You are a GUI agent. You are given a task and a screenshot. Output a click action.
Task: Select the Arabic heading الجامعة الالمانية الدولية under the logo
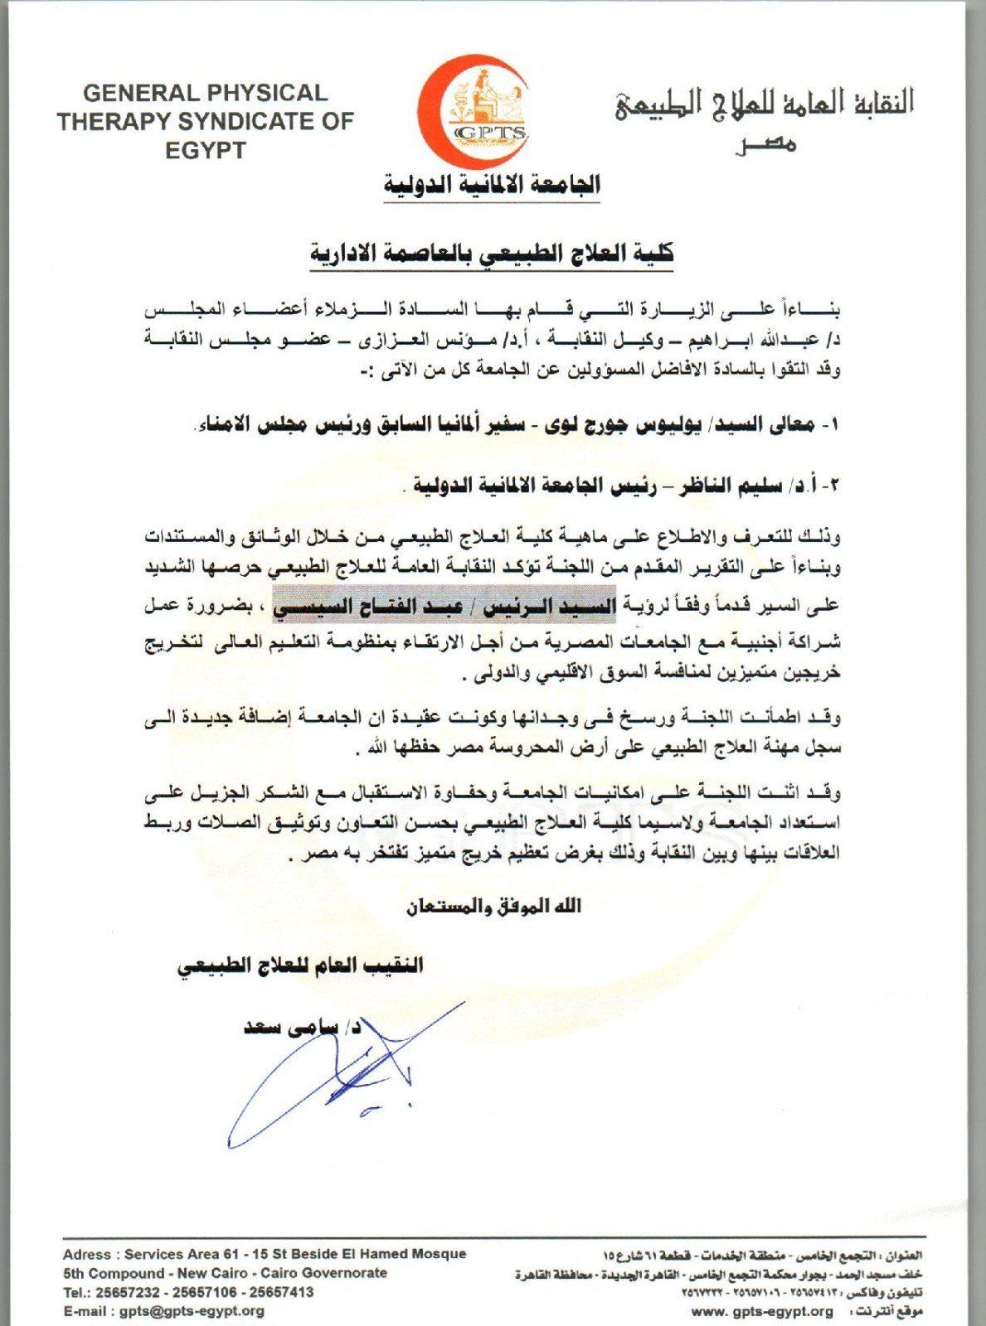[x=492, y=184]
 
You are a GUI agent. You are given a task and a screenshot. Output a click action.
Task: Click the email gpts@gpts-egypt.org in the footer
[x=192, y=1310]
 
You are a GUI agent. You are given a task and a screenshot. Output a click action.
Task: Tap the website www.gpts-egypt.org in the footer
[x=761, y=1311]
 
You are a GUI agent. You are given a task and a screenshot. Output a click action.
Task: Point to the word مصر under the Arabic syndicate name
[x=760, y=144]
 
